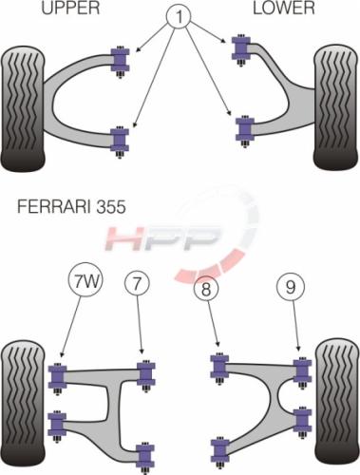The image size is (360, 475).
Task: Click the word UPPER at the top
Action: (70, 8)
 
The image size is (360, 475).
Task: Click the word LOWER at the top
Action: (284, 8)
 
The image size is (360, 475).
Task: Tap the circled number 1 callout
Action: (179, 16)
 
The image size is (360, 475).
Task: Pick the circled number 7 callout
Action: (137, 283)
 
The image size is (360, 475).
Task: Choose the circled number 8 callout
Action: (206, 289)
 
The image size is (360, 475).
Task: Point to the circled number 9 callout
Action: (291, 287)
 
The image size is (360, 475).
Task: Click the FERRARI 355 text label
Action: (71, 207)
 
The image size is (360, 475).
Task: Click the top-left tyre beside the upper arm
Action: (23, 108)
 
